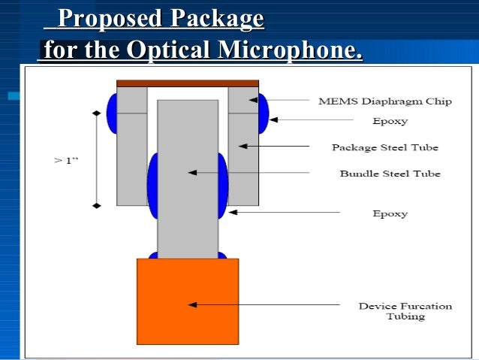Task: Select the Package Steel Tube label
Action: [384, 147]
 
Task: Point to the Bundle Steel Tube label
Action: [390, 174]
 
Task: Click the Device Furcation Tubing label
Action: [405, 311]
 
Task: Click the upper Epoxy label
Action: [390, 120]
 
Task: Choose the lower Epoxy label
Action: [390, 213]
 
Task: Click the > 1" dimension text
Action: [66, 160]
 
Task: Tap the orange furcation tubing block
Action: [188, 301]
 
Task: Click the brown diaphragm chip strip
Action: [188, 83]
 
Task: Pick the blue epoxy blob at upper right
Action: [264, 113]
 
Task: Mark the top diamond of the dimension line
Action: [95, 113]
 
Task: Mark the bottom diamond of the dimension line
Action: [95, 204]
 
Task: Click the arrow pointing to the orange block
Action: [263, 304]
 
